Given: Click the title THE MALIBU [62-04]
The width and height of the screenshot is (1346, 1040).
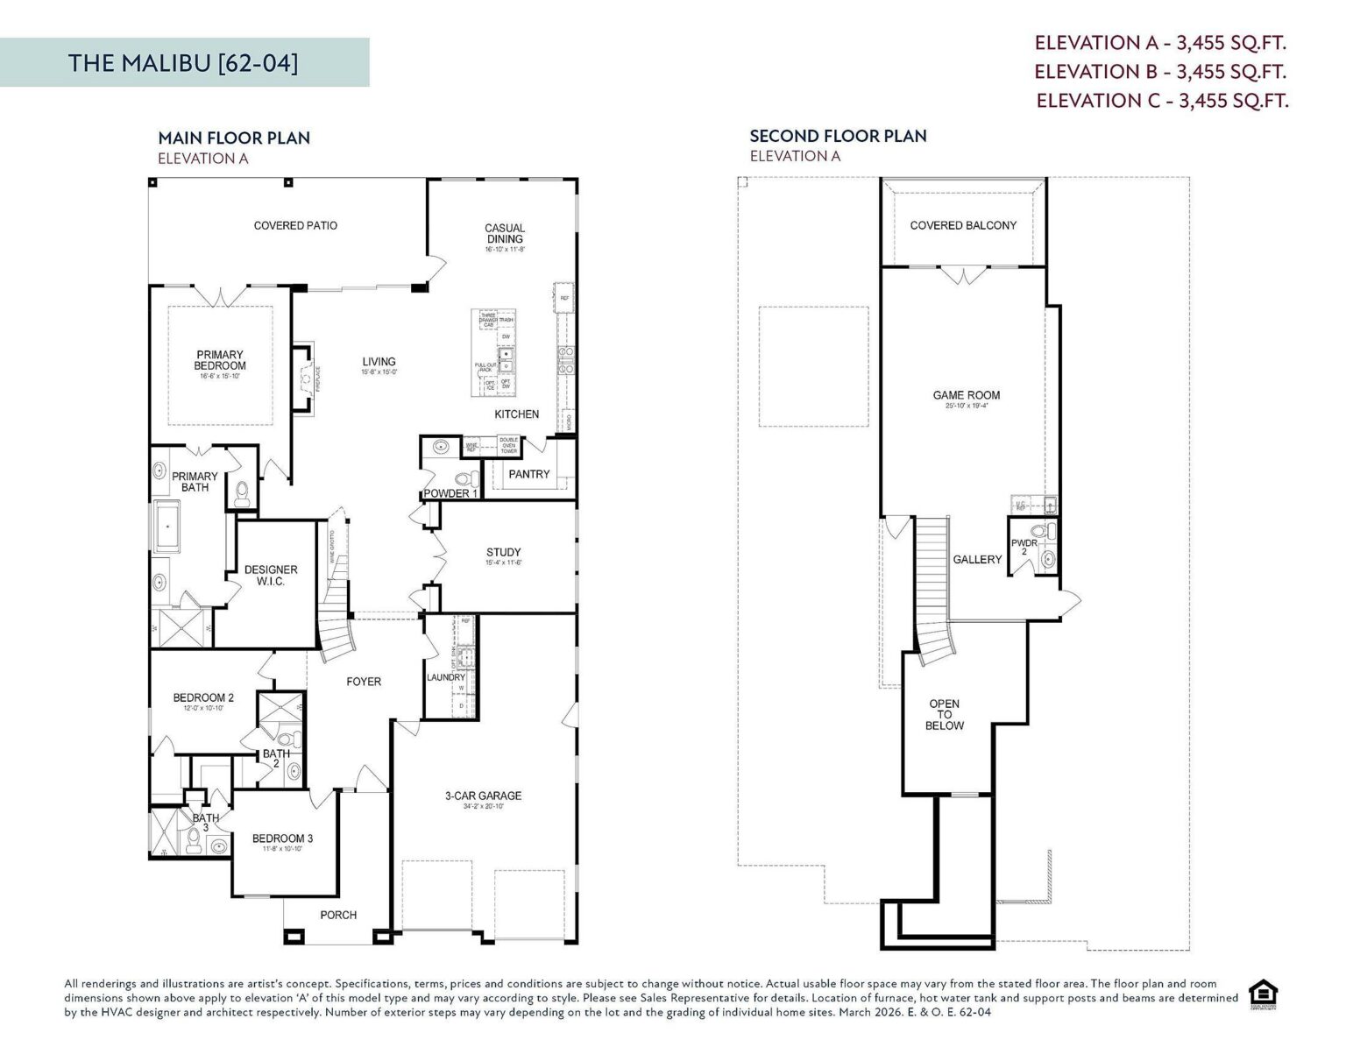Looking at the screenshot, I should point(183,63).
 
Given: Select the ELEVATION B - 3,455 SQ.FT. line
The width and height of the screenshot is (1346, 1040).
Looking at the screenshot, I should point(1160,71).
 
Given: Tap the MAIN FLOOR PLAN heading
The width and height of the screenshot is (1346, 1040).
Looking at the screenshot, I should point(234,138).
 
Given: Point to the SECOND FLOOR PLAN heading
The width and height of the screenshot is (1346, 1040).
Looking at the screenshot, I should point(838,136).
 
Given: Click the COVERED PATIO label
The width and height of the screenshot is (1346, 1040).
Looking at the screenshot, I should point(295,225).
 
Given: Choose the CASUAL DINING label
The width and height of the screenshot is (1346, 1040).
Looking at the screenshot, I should point(505,233).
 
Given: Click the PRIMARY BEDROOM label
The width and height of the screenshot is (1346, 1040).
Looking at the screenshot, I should point(220,360).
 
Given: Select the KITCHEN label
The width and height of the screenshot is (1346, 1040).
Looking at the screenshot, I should point(516,414).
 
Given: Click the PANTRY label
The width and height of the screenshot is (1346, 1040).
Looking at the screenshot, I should point(529,474).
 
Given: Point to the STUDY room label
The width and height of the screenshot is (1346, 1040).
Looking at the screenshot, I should point(504,552).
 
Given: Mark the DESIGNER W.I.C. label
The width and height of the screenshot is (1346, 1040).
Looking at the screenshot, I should point(271,575).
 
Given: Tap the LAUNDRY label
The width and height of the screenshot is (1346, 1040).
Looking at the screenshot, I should point(445,677).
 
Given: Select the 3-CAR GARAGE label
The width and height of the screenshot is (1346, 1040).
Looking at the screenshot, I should point(483,796).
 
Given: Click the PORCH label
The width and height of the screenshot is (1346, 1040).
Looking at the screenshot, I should point(338,915).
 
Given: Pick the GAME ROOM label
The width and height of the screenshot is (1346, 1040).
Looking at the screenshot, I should point(966,395).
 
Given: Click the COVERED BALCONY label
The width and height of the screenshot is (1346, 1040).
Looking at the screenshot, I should point(963,225).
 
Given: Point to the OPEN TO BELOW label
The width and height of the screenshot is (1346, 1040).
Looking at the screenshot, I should point(944,714).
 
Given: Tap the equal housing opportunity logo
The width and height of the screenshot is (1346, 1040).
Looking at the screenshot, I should point(1263,994).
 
